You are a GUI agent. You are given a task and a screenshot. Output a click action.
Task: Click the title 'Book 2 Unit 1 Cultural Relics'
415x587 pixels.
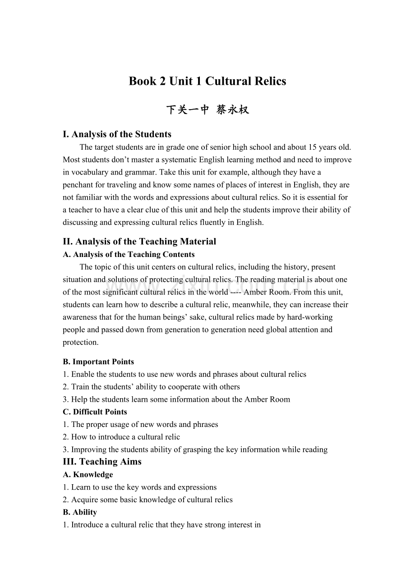click(207, 81)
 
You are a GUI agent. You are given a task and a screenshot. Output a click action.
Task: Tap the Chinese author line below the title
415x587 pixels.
click(207, 110)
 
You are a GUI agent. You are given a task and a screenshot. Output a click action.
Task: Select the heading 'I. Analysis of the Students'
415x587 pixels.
click(117, 134)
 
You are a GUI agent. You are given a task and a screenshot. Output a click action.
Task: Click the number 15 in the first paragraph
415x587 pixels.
click(313, 147)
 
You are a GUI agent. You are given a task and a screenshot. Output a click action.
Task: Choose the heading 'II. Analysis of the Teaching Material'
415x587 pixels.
click(140, 241)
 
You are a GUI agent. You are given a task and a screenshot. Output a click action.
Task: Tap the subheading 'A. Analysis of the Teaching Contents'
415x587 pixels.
click(129, 254)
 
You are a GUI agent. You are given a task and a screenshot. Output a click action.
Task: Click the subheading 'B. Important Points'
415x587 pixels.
click(98, 362)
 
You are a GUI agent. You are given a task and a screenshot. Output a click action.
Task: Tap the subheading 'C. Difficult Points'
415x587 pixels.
click(95, 412)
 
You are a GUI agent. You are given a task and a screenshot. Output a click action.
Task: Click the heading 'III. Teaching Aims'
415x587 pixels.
click(102, 462)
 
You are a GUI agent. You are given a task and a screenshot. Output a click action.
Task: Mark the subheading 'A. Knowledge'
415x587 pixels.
click(88, 474)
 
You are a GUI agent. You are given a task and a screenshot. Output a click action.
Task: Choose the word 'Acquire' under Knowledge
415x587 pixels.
click(84, 500)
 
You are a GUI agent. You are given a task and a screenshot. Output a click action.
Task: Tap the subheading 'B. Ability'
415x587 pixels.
click(80, 512)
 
